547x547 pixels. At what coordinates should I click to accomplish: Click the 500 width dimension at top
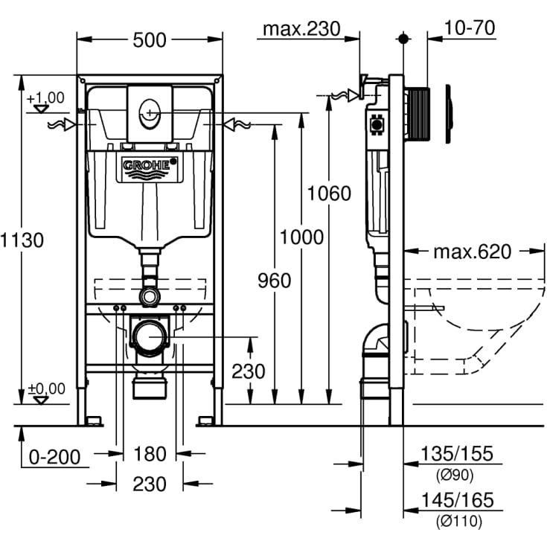(x=150, y=40)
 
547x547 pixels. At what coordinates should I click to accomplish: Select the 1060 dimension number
(x=329, y=193)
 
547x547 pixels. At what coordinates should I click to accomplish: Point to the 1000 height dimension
(x=301, y=237)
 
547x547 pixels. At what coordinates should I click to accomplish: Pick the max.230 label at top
(x=301, y=29)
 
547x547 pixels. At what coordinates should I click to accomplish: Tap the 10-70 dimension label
(x=470, y=28)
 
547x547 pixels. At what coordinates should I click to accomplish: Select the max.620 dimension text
(x=472, y=252)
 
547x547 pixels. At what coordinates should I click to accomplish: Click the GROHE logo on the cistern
(x=150, y=167)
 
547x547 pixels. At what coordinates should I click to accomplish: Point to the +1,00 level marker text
(x=45, y=97)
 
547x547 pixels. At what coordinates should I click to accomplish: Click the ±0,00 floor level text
(x=45, y=388)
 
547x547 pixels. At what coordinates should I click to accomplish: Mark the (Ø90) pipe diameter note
(x=457, y=474)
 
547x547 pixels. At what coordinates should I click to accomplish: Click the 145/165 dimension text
(x=457, y=501)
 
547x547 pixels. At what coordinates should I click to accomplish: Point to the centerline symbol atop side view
(x=403, y=38)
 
